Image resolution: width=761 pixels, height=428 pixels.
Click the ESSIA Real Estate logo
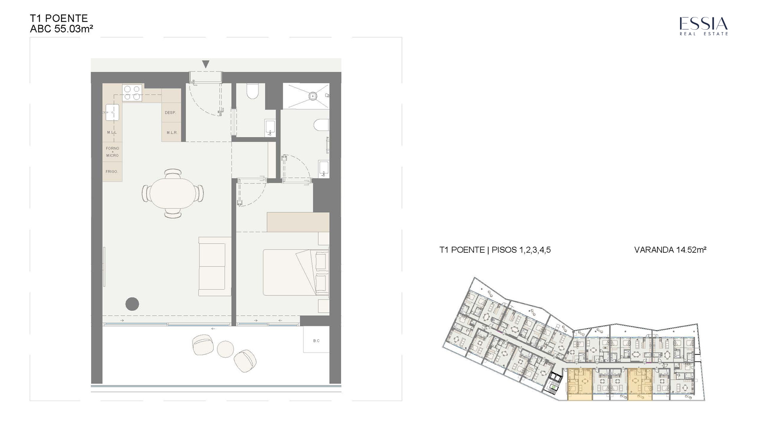(x=704, y=26)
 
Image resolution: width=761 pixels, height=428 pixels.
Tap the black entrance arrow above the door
(x=205, y=64)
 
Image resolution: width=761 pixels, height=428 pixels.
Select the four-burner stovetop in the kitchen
(x=132, y=93)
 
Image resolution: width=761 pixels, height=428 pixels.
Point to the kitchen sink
(x=112, y=113)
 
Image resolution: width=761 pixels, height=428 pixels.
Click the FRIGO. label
(x=112, y=172)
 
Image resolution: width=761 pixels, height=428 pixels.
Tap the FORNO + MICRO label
(x=112, y=152)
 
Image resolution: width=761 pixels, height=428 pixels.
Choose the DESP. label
(x=170, y=113)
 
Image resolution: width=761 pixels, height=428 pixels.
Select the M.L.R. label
(x=172, y=132)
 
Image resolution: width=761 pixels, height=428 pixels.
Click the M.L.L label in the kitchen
(x=112, y=132)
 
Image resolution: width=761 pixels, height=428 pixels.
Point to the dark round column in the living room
(x=132, y=304)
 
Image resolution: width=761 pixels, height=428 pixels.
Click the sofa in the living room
(x=214, y=266)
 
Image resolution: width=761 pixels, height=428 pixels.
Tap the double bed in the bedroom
(x=296, y=272)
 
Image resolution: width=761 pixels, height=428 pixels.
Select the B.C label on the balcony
(x=316, y=341)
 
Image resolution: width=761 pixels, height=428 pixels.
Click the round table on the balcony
(x=226, y=349)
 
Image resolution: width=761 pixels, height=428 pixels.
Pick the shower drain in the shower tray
(x=313, y=96)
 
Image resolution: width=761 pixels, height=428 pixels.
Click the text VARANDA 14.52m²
(x=670, y=250)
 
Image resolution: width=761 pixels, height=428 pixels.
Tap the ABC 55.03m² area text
(x=61, y=29)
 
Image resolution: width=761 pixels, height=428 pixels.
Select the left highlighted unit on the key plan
(x=580, y=384)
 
